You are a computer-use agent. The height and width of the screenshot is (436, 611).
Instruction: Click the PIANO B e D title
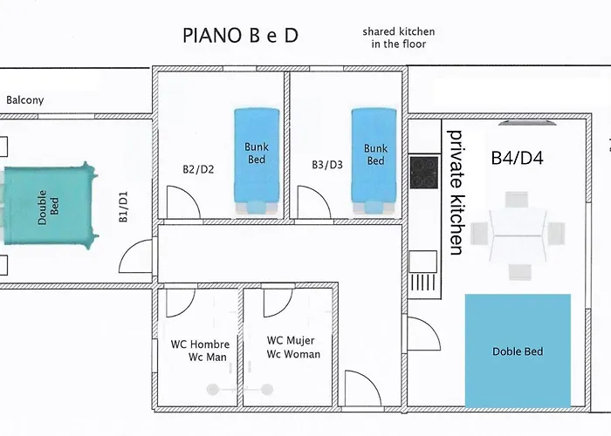pyautogui.click(x=240, y=36)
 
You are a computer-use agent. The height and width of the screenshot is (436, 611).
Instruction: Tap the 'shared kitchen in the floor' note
pyautogui.click(x=399, y=37)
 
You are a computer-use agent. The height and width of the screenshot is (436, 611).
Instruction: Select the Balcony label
pyautogui.click(x=25, y=100)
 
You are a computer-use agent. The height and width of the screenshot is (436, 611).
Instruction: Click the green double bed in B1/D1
pyautogui.click(x=50, y=205)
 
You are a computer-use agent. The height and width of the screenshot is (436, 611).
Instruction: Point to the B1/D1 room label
pyautogui.click(x=123, y=207)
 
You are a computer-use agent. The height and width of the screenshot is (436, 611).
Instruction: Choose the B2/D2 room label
pyautogui.click(x=198, y=169)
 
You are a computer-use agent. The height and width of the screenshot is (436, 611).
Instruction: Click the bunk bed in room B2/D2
pyautogui.click(x=257, y=160)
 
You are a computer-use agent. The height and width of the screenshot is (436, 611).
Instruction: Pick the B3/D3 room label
pyautogui.click(x=327, y=165)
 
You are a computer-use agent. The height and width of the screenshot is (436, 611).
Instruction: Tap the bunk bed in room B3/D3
pyautogui.click(x=374, y=160)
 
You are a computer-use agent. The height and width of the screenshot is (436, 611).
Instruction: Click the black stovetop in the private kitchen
pyautogui.click(x=424, y=172)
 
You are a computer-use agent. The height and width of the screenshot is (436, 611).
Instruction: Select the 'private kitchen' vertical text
pyautogui.click(x=456, y=193)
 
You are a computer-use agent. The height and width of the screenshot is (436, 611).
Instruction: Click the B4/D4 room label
pyautogui.click(x=517, y=158)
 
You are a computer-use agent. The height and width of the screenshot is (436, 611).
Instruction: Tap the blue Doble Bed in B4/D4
pyautogui.click(x=518, y=351)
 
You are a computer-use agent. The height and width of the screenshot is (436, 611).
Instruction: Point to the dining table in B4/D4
pyautogui.click(x=517, y=235)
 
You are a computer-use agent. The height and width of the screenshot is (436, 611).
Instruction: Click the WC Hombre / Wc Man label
pyautogui.click(x=200, y=351)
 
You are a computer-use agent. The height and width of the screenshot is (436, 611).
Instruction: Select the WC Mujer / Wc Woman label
pyautogui.click(x=293, y=347)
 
